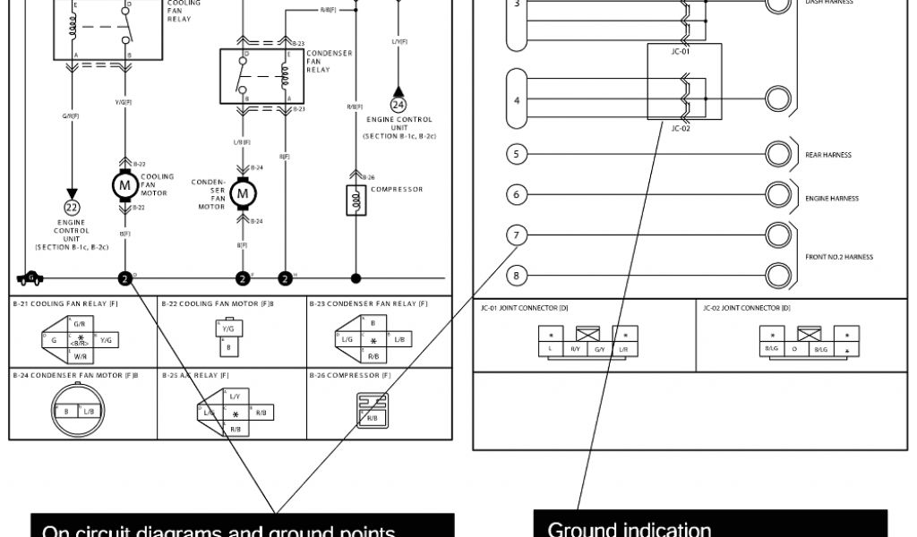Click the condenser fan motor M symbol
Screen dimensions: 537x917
tap(242, 192)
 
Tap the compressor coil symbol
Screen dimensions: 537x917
tap(356, 200)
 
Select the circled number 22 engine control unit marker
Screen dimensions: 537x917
tap(72, 208)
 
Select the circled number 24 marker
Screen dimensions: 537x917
tap(399, 105)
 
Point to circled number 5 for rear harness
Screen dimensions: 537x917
tap(517, 154)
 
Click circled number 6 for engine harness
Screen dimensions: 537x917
tap(517, 194)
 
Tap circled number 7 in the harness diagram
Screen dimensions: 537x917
tap(517, 235)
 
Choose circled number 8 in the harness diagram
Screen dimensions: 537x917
tap(517, 275)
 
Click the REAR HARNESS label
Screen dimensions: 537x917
tap(828, 155)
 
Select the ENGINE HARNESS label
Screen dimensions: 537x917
tap(832, 199)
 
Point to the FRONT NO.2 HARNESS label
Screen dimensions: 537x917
tap(838, 257)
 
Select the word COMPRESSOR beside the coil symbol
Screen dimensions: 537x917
tap(397, 189)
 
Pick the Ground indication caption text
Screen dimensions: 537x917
tap(629, 529)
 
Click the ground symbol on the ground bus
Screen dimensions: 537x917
tap(30, 277)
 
